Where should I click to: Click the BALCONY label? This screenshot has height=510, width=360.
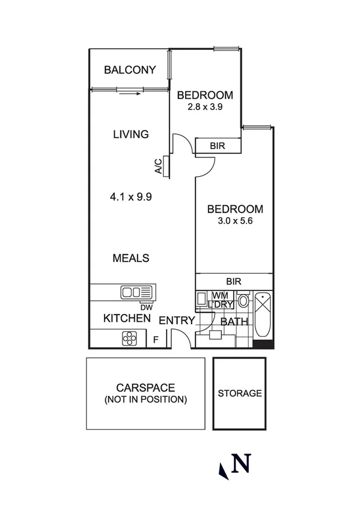(x=130, y=70)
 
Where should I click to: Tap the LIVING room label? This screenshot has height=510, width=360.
(x=130, y=134)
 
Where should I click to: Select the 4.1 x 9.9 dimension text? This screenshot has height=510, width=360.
(x=130, y=196)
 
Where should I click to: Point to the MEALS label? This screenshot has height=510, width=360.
(x=131, y=258)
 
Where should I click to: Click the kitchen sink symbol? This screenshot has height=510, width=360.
(x=138, y=293)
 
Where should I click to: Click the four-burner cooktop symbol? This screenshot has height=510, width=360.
(x=130, y=339)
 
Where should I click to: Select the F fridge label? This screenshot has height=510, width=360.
(x=156, y=340)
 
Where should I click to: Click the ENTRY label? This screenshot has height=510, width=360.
(x=177, y=321)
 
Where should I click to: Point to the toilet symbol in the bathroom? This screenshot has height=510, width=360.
(x=243, y=301)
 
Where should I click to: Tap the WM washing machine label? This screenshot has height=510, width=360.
(x=219, y=295)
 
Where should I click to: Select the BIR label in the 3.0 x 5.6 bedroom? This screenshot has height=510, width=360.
(x=234, y=281)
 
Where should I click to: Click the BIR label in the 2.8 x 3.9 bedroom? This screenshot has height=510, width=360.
(x=218, y=146)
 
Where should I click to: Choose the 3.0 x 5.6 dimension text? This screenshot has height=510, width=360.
(x=235, y=221)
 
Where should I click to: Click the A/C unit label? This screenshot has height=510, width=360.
(x=158, y=166)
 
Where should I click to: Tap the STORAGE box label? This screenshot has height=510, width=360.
(x=239, y=393)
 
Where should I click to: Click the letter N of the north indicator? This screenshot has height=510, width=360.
(x=241, y=464)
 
